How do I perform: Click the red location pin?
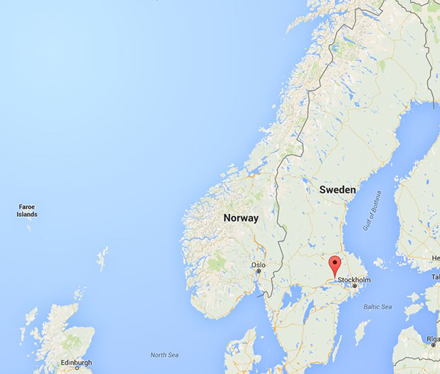[x=335, y=265]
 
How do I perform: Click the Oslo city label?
[x=258, y=265]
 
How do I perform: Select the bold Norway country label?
[x=241, y=218]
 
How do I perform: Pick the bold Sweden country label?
[x=337, y=190]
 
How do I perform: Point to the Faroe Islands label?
[x=27, y=210]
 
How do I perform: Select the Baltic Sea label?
[x=376, y=306]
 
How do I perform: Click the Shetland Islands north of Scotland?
[x=103, y=259]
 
